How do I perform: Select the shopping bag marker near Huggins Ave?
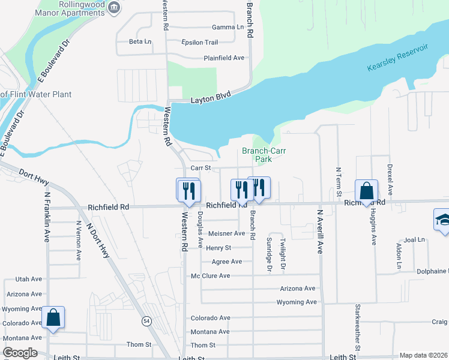(366, 192)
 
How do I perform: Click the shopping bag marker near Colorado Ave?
(53, 319)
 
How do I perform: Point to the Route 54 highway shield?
(146, 322)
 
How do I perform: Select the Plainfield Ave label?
(224, 58)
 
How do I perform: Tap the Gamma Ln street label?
(228, 27)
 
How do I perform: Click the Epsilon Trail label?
(200, 42)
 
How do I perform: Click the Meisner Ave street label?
(226, 233)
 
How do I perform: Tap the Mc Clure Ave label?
(210, 276)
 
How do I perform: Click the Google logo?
(20, 353)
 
